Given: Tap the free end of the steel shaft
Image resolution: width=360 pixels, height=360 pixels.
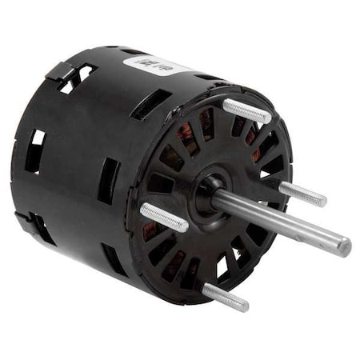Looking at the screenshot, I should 344,246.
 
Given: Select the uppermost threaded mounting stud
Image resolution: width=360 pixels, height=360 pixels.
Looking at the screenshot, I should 246,110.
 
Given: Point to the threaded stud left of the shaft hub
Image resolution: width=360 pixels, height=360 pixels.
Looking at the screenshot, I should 163,217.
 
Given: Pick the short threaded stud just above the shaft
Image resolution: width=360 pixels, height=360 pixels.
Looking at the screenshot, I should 302,193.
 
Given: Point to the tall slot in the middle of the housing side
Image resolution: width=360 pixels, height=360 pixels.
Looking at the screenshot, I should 110,181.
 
